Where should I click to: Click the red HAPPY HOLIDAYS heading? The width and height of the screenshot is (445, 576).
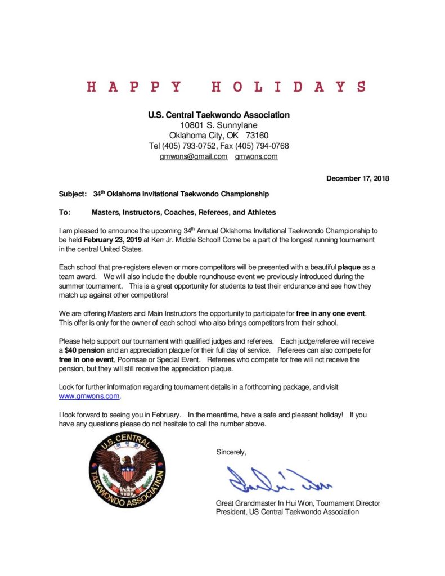[226, 87]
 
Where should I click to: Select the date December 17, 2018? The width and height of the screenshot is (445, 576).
[358, 178]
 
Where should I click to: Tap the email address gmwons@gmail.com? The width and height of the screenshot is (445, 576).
[194, 156]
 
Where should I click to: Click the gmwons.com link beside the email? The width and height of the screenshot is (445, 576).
[256, 156]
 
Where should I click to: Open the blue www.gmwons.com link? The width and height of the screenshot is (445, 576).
[89, 396]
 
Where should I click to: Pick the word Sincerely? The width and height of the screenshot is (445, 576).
[231, 452]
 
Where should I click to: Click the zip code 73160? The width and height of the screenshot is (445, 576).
[257, 136]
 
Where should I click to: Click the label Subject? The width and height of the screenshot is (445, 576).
[73, 194]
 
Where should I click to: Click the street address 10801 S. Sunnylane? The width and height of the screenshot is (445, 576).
[219, 125]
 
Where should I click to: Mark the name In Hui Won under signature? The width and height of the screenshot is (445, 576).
[302, 502]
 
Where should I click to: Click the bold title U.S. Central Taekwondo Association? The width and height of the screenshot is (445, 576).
[219, 115]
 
